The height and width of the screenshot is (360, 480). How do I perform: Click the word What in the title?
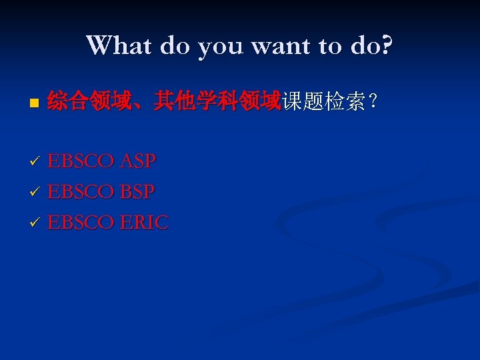118,46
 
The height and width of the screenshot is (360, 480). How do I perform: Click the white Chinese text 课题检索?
323,102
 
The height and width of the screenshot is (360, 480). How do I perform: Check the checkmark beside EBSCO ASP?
36,162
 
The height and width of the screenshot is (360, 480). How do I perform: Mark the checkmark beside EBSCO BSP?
36,193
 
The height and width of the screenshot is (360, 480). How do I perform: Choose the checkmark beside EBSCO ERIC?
36,223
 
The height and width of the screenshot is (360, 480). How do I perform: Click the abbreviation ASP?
138,161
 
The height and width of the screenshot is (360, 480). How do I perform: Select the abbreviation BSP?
137,192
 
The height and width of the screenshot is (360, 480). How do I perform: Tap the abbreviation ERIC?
145,223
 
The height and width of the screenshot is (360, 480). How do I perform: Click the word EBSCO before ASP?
81,161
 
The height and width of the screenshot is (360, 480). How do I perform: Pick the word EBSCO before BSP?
81,192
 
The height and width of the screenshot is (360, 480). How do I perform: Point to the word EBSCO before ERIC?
81,223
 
